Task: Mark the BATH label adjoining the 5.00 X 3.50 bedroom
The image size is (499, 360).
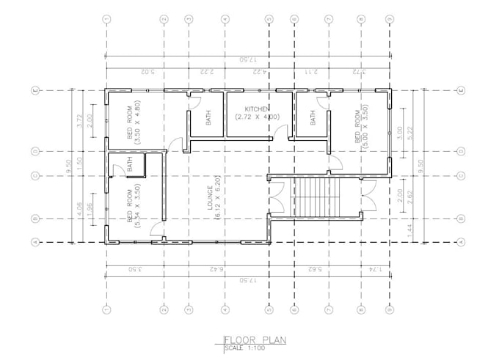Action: [x=313, y=118]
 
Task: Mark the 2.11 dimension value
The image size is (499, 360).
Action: [x=310, y=72]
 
